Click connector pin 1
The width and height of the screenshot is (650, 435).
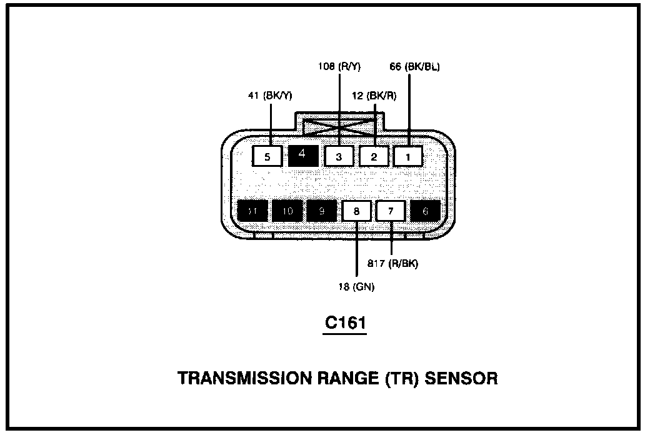click(x=409, y=156)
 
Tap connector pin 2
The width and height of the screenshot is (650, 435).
click(x=374, y=156)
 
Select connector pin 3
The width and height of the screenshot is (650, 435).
click(x=339, y=156)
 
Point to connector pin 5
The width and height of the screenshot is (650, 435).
click(x=268, y=156)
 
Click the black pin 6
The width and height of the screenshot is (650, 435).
click(x=426, y=211)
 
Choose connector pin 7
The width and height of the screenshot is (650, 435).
click(x=391, y=211)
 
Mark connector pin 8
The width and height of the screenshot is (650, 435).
click(x=356, y=211)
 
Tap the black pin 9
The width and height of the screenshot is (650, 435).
click(x=321, y=211)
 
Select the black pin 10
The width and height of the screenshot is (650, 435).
click(x=287, y=211)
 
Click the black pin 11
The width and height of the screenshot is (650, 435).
click(x=252, y=211)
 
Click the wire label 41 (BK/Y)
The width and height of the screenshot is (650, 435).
click(x=270, y=96)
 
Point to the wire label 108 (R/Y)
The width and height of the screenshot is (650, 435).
click(x=339, y=67)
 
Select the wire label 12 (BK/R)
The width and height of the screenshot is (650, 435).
click(x=374, y=96)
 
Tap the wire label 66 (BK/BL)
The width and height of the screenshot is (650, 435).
click(x=414, y=67)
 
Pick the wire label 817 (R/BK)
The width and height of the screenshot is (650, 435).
click(x=394, y=263)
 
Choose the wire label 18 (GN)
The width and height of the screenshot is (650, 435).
click(x=357, y=287)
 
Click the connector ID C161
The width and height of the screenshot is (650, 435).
click(x=344, y=324)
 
